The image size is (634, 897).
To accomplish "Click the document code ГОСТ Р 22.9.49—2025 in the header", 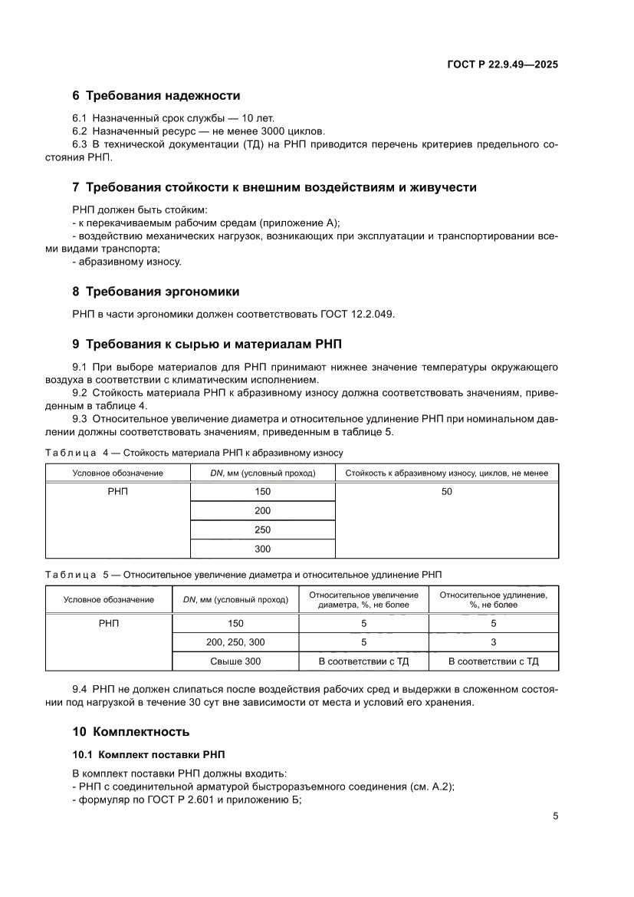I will point(502,65).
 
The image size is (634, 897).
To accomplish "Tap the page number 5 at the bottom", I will point(555,816).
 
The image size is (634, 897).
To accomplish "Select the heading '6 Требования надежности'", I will point(156,96).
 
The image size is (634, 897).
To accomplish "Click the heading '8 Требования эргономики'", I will point(155,292).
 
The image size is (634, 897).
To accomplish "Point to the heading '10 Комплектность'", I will point(130,731).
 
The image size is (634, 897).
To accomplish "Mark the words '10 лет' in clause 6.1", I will point(258,119).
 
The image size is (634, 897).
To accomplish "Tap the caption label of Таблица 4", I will point(77,453).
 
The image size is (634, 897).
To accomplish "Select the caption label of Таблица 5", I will point(77,574).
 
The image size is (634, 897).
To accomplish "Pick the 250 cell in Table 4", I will point(262,530).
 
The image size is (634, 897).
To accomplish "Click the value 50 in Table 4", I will point(447,492).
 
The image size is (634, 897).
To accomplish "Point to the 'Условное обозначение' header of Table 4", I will point(118,473).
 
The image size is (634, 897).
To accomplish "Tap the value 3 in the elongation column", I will point(493,642).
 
